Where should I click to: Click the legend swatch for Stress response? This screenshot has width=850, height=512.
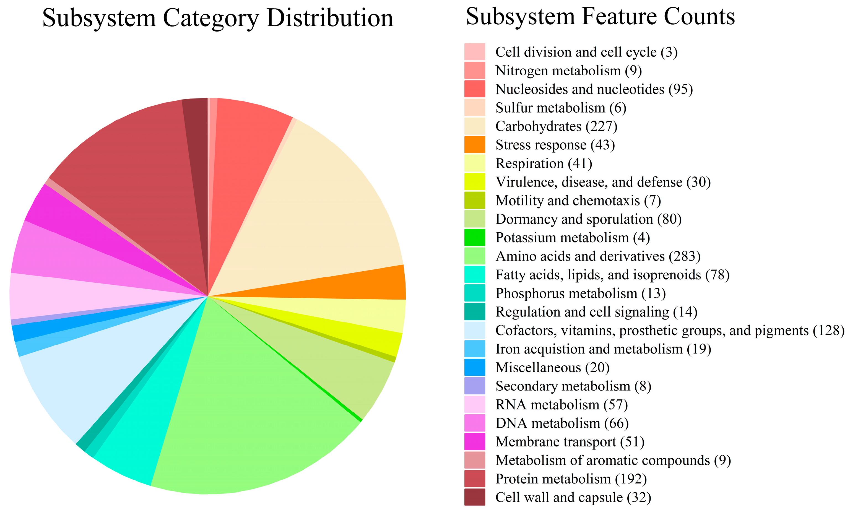click(475, 145)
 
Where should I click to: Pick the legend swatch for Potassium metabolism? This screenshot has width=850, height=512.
click(475, 237)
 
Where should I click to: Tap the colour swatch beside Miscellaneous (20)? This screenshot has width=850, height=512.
click(475, 367)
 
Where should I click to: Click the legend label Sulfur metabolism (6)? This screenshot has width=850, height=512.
click(561, 108)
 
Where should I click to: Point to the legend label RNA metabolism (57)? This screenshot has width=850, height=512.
click(561, 405)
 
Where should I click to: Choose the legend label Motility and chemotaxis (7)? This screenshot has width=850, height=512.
click(578, 201)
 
